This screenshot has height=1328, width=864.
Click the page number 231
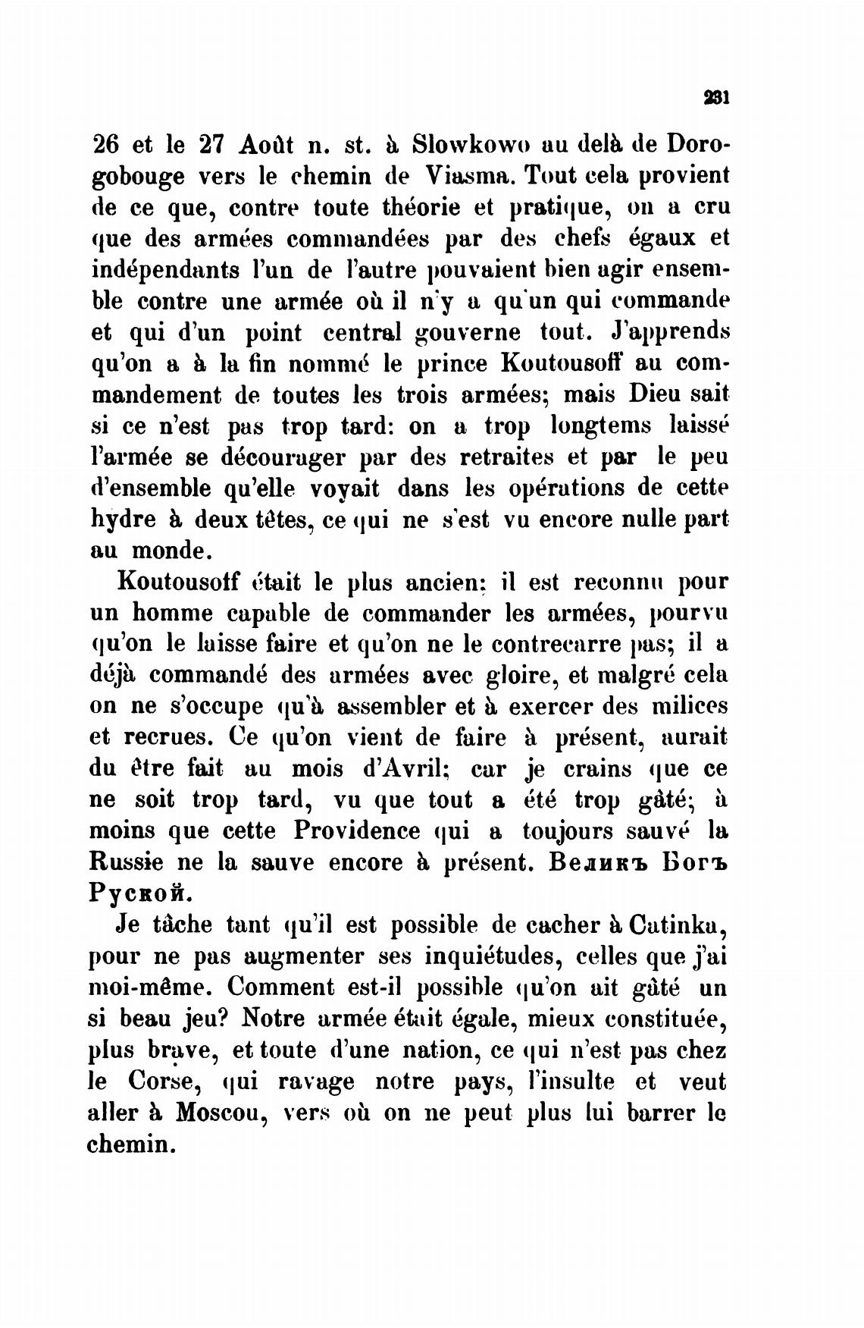(715, 97)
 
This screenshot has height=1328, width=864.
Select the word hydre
(123, 520)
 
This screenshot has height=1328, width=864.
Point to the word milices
(690, 706)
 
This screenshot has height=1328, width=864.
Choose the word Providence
(356, 830)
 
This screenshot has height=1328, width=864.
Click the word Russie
(126, 862)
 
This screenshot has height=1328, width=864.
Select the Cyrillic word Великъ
(597, 862)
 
